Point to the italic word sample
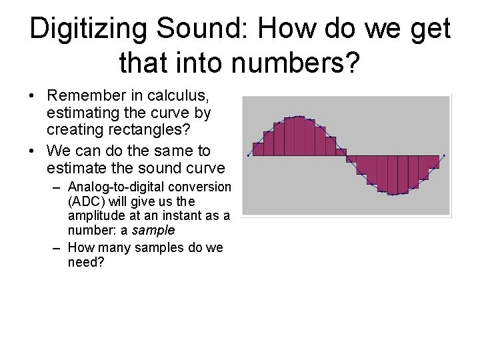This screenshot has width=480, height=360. click(x=153, y=230)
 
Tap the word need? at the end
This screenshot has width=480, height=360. click(x=87, y=262)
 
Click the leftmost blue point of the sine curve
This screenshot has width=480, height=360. click(x=249, y=155)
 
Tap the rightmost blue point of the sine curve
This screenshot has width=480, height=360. click(x=444, y=155)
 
